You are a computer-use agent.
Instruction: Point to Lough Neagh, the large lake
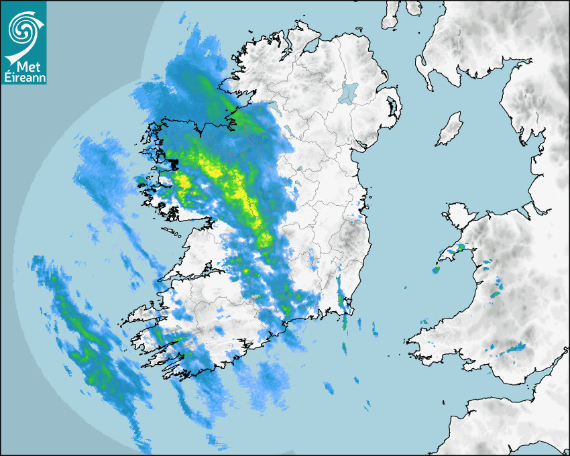click(x=349, y=92)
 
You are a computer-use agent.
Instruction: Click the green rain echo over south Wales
click(x=516, y=347)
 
